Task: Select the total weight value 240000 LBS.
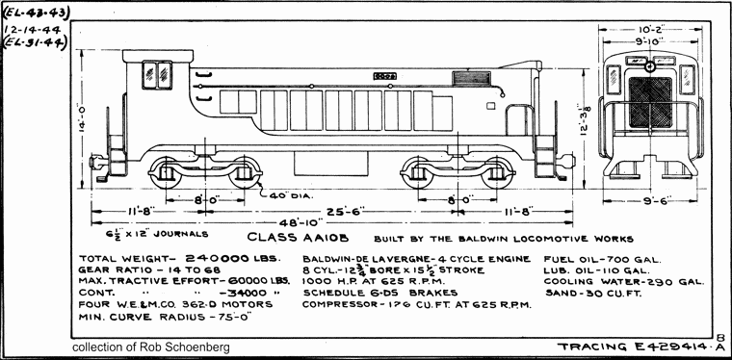[232, 259]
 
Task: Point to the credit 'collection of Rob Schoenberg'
[151, 347]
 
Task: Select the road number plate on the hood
[383, 73]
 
